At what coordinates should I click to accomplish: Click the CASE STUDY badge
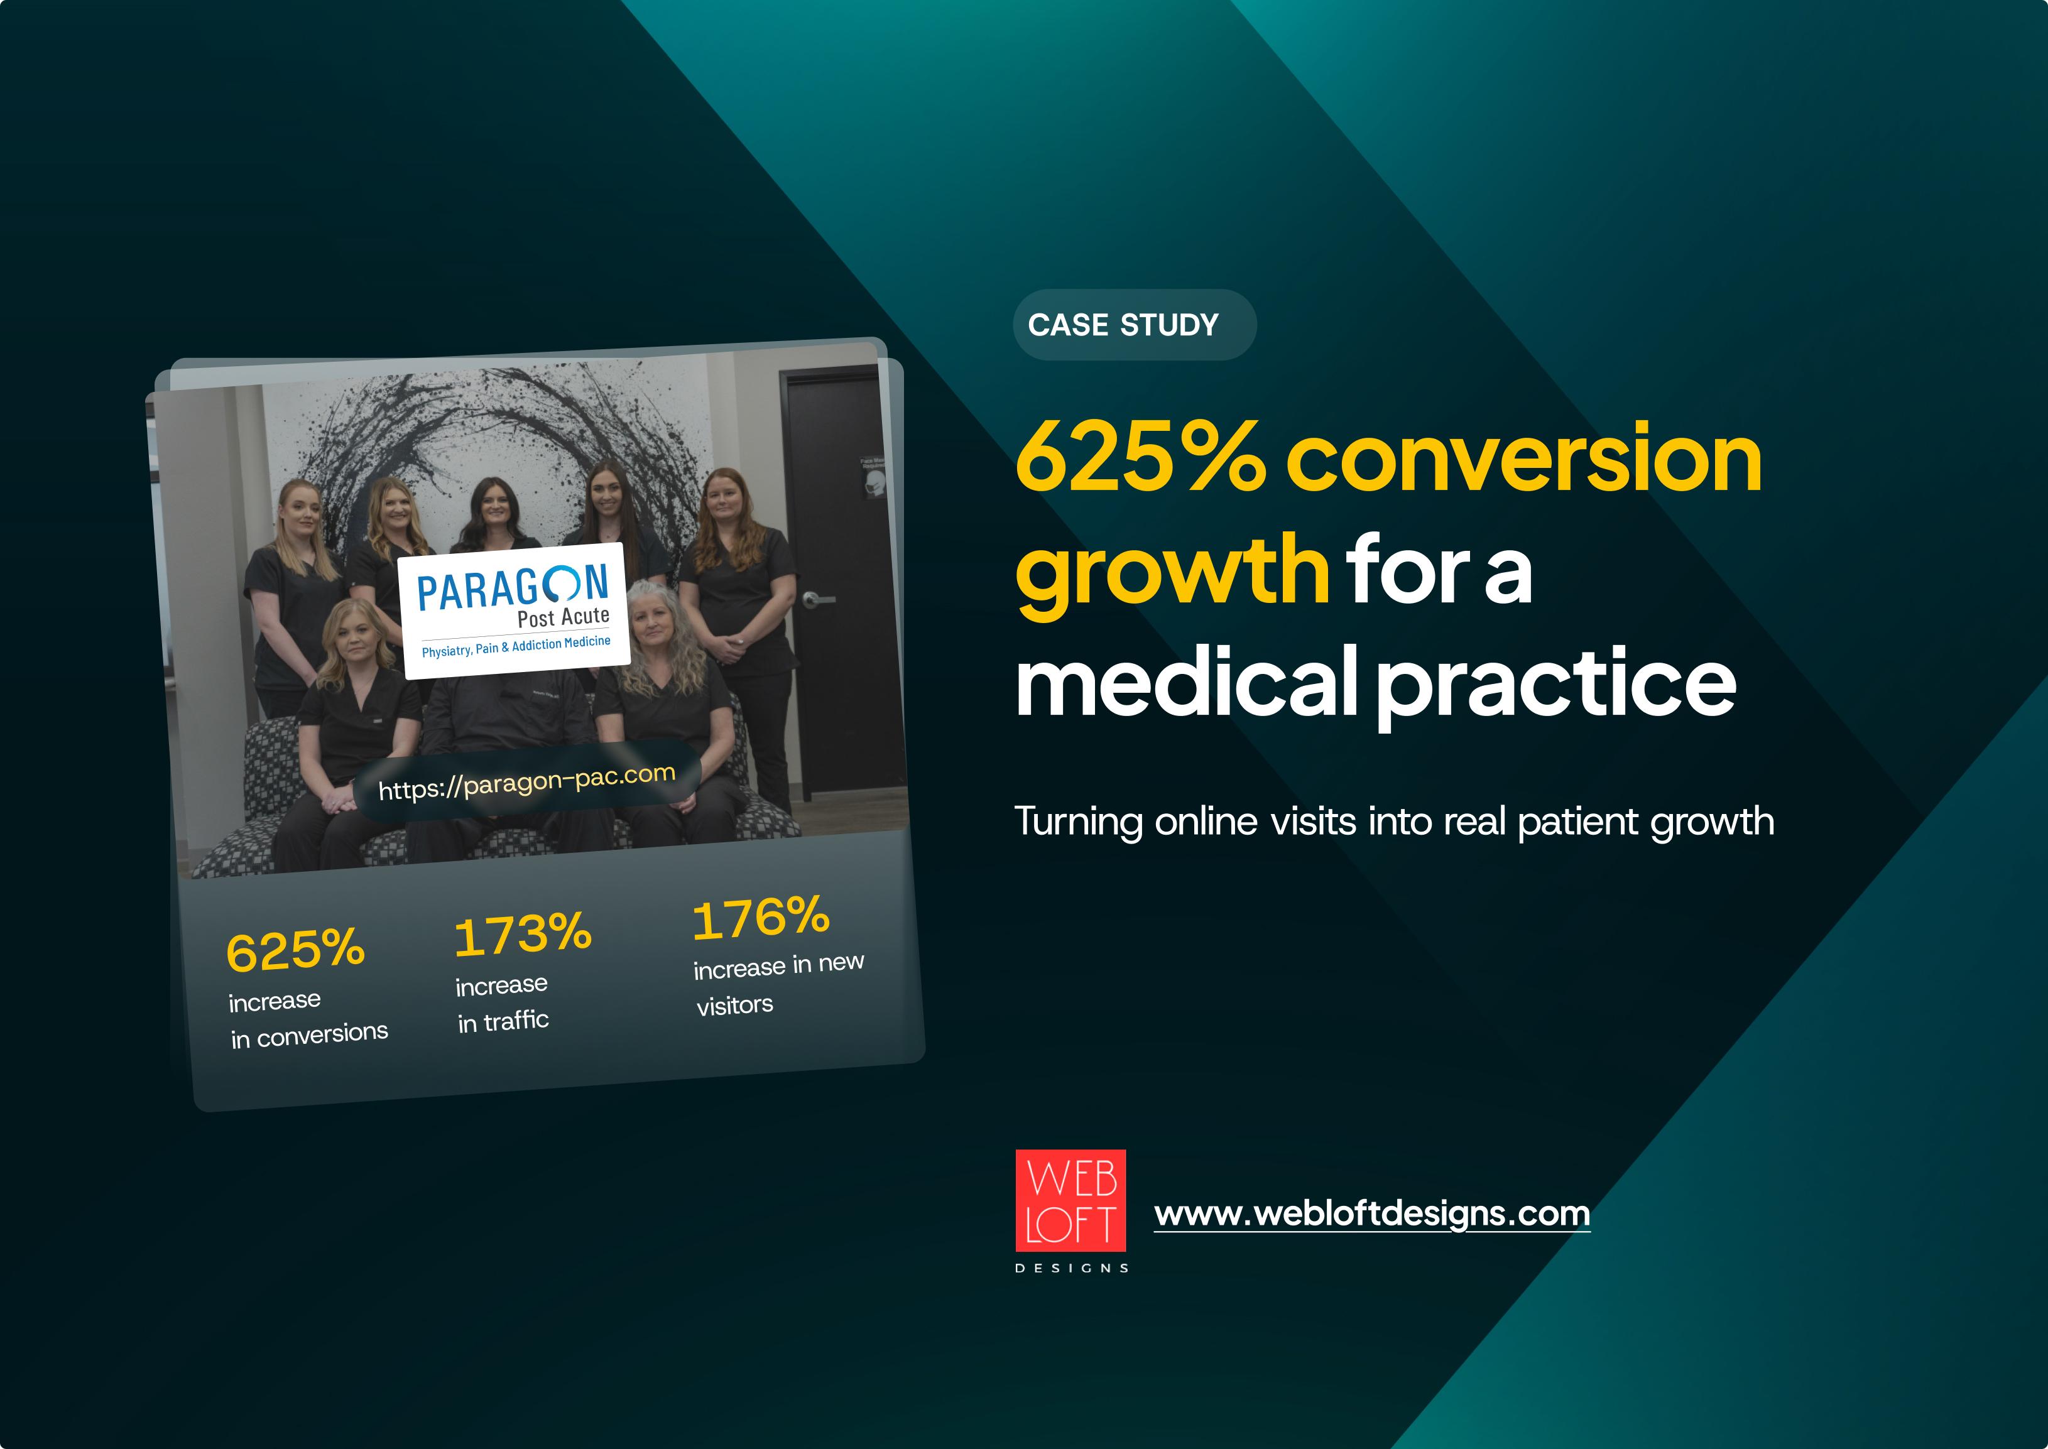pyautogui.click(x=1134, y=325)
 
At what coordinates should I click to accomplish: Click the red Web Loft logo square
pyautogui.click(x=1071, y=1200)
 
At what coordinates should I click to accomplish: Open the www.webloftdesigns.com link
pyautogui.click(x=1371, y=1214)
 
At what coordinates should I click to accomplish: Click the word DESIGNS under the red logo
pyautogui.click(x=1072, y=1268)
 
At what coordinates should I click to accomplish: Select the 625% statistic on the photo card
pyautogui.click(x=295, y=950)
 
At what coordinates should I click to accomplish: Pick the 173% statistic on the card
pyautogui.click(x=523, y=934)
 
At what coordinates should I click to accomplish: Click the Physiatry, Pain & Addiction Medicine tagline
pyautogui.click(x=516, y=646)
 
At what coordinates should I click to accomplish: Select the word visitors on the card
pyautogui.click(x=734, y=1006)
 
